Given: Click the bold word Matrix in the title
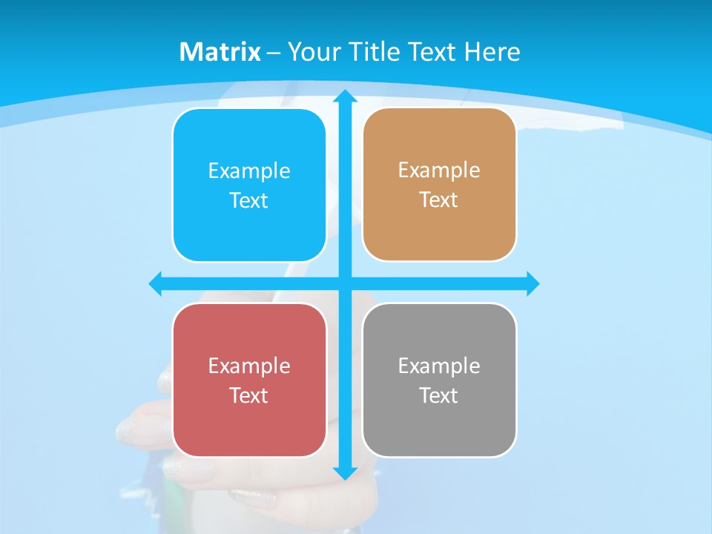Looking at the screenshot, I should tap(220, 52).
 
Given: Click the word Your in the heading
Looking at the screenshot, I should tap(311, 52).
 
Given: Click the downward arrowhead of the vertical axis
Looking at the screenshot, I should tap(345, 472).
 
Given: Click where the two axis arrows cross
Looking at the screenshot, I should tap(345, 283).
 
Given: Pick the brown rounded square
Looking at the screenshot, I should tap(439, 230).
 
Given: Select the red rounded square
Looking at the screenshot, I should tap(249, 426).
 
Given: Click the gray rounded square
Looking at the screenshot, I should tap(439, 426).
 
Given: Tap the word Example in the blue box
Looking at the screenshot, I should tap(249, 171).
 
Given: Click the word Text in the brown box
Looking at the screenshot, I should tap(439, 200).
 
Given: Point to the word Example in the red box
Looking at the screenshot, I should tap(249, 366).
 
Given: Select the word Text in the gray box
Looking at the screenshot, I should tap(439, 395).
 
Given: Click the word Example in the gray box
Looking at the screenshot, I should tap(439, 366).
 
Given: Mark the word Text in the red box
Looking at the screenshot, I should tap(249, 395).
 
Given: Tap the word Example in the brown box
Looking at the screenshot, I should tap(439, 170).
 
